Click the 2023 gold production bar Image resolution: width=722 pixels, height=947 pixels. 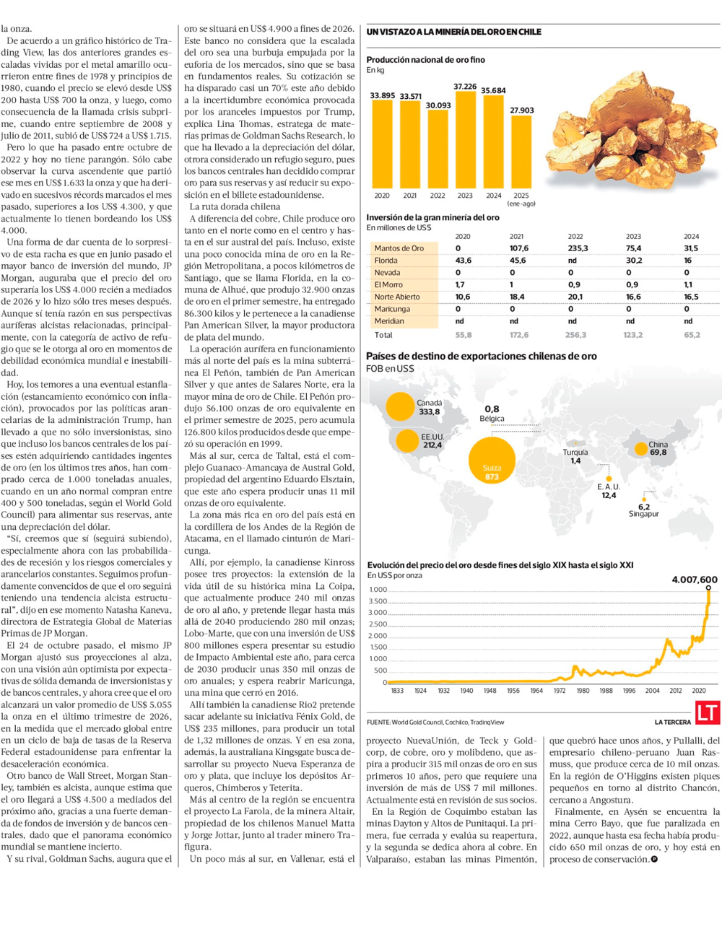pyautogui.click(x=465, y=140)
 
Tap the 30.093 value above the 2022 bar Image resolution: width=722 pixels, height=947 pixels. pyautogui.click(x=438, y=105)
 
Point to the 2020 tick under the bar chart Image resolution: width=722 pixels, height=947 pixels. pyautogui.click(x=382, y=196)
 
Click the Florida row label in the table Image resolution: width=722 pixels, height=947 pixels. pyautogui.click(x=386, y=261)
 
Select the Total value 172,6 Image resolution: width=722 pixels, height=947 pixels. pyautogui.click(x=518, y=335)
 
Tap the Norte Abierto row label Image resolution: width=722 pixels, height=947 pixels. pyautogui.click(x=397, y=297)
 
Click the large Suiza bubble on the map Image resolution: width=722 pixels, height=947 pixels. pyautogui.click(x=492, y=460)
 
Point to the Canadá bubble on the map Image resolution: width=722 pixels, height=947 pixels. pyautogui.click(x=399, y=406)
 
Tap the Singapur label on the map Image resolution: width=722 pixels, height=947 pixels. pyautogui.click(x=643, y=514)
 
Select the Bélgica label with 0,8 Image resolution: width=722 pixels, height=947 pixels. pyautogui.click(x=492, y=414)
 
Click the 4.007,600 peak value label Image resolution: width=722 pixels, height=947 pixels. pyautogui.click(x=694, y=580)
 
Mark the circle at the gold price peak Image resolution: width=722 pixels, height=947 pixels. pyautogui.click(x=708, y=588)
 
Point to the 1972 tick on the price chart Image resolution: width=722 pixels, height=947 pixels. pyautogui.click(x=560, y=691)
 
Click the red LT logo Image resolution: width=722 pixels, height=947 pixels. pyautogui.click(x=707, y=713)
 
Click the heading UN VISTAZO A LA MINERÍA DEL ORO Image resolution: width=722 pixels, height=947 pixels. pyautogui.click(x=453, y=32)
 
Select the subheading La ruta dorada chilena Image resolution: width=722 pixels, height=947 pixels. pyautogui.click(x=234, y=206)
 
